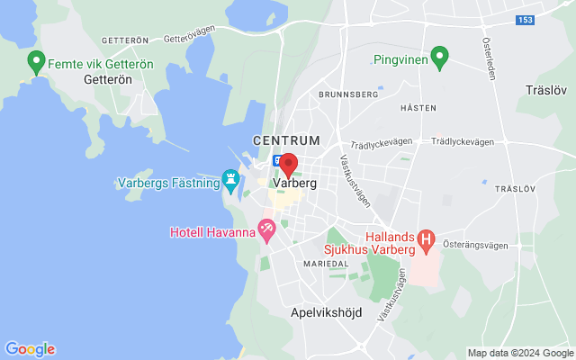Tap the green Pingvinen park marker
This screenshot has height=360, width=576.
tap(439, 58)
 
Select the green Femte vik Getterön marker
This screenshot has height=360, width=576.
tap(37, 62)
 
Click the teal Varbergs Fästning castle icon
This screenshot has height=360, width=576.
tap(232, 180)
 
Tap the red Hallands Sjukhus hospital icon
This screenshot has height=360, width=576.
tap(427, 239)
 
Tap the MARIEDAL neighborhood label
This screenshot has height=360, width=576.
tap(326, 264)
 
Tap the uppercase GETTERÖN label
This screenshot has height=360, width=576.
tap(124, 40)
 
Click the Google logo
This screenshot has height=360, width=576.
tap(30, 349)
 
